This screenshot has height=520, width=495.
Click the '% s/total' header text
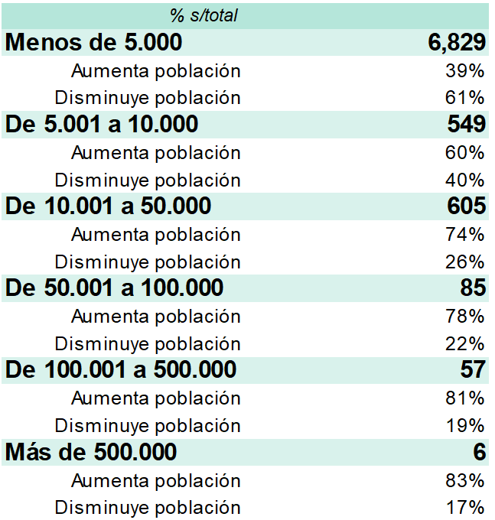tap(204, 15)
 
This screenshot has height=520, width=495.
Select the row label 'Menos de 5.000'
tap(93, 42)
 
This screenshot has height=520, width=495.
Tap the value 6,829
tap(457, 43)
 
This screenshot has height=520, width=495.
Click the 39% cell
tap(465, 70)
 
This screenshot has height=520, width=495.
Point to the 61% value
tap(465, 98)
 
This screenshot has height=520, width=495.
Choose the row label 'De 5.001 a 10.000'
tap(102, 124)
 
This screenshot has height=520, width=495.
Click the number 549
tap(467, 124)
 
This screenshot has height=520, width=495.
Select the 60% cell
tap(465, 152)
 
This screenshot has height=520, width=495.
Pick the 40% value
tap(465, 180)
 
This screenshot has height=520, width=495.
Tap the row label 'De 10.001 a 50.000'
tap(108, 206)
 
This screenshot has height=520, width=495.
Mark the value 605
tap(467, 206)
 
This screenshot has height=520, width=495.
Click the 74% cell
tap(465, 234)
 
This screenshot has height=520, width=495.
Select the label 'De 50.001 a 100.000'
tap(115, 288)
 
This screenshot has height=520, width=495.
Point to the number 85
tap(473, 288)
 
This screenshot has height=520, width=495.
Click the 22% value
tap(465, 343)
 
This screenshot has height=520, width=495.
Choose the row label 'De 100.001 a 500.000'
tap(121, 369)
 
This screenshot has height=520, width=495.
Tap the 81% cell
tap(465, 398)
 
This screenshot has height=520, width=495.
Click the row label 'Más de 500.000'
tap(91, 452)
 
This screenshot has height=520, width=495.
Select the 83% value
tap(465, 480)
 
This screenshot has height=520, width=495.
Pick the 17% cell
tap(465, 508)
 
